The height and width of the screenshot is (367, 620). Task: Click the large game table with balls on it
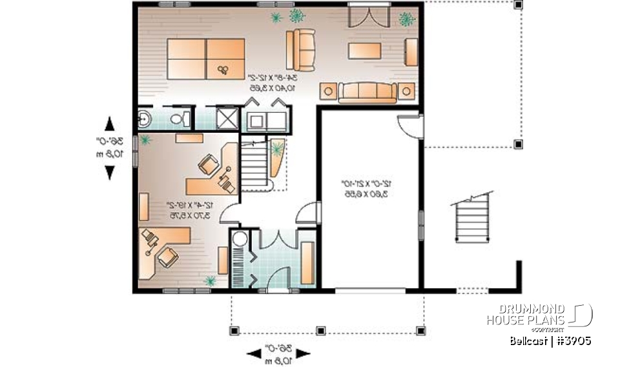click(206, 59)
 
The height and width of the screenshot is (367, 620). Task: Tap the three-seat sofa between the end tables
click(367, 92)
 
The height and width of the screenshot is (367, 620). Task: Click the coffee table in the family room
click(367, 50)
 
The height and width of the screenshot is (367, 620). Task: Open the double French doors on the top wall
click(367, 16)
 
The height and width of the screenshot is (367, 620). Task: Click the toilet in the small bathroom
click(183, 119)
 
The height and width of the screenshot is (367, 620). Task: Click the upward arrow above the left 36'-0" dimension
click(110, 123)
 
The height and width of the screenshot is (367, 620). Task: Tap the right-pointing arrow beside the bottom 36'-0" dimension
click(302, 353)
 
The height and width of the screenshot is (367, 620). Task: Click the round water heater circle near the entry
click(240, 239)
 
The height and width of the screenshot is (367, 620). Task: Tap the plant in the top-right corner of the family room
click(406, 20)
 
